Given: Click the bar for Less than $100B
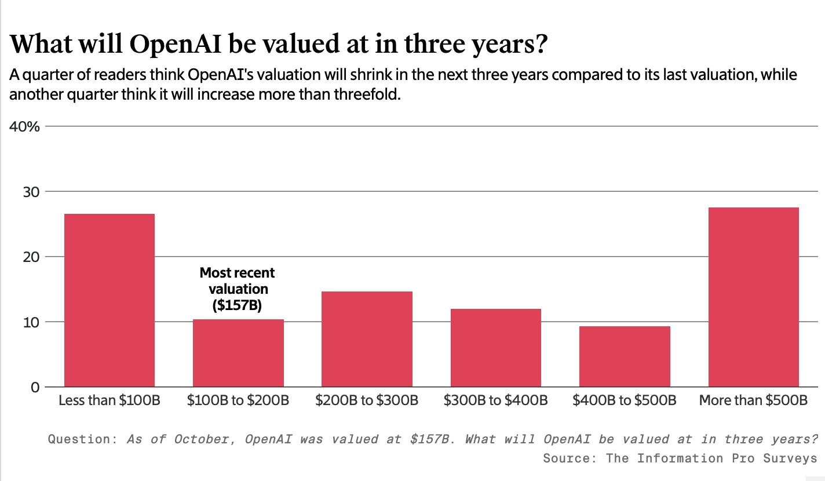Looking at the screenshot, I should pyautogui.click(x=109, y=300).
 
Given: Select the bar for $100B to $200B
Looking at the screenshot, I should pyautogui.click(x=238, y=353).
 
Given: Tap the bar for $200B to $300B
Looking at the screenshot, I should pyautogui.click(x=367, y=339).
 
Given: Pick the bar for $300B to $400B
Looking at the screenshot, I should pyautogui.click(x=495, y=348).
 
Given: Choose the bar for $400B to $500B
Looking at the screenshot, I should pyautogui.click(x=625, y=356).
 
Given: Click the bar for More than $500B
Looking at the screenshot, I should pyautogui.click(x=753, y=297).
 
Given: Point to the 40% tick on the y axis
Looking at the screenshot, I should pyautogui.click(x=24, y=126).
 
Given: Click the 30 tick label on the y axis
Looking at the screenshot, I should pyautogui.click(x=30, y=191).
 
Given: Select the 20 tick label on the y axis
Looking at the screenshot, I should pyautogui.click(x=30, y=257).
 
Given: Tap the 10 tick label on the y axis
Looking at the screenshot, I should pyautogui.click(x=30, y=322).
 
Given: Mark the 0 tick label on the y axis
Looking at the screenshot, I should pyautogui.click(x=35, y=387).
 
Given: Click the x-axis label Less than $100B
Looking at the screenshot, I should pyautogui.click(x=109, y=400).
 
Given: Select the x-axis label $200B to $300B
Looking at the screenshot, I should pyautogui.click(x=367, y=400).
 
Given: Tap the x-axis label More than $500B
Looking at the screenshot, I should pyautogui.click(x=753, y=400).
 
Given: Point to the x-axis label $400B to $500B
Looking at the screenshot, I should pyautogui.click(x=625, y=400).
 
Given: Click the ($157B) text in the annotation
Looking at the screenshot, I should pyautogui.click(x=238, y=305).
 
